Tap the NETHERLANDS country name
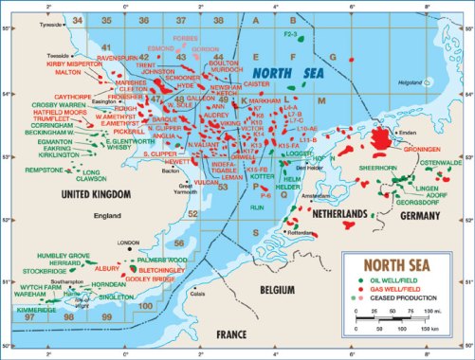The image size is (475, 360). coord(338,215)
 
